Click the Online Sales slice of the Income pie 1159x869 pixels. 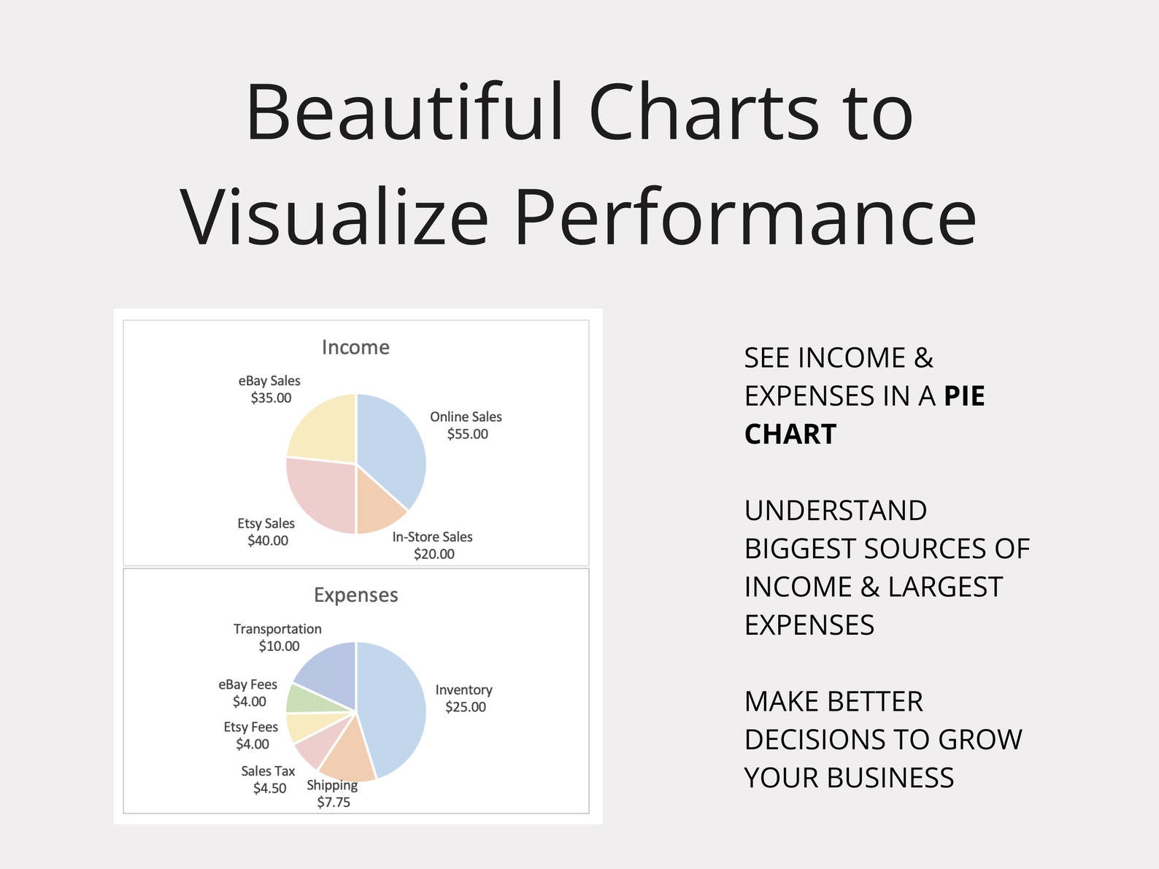pos(390,445)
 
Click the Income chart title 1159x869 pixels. pos(355,347)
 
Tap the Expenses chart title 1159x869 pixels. pos(355,595)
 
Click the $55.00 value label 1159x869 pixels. pos(467,434)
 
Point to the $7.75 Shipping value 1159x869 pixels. pos(334,803)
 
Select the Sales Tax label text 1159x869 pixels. pos(268,771)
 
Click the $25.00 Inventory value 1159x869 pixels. pos(466,707)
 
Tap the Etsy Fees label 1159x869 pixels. pos(250,727)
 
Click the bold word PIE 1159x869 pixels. pos(964,396)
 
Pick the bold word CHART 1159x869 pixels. pos(790,435)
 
